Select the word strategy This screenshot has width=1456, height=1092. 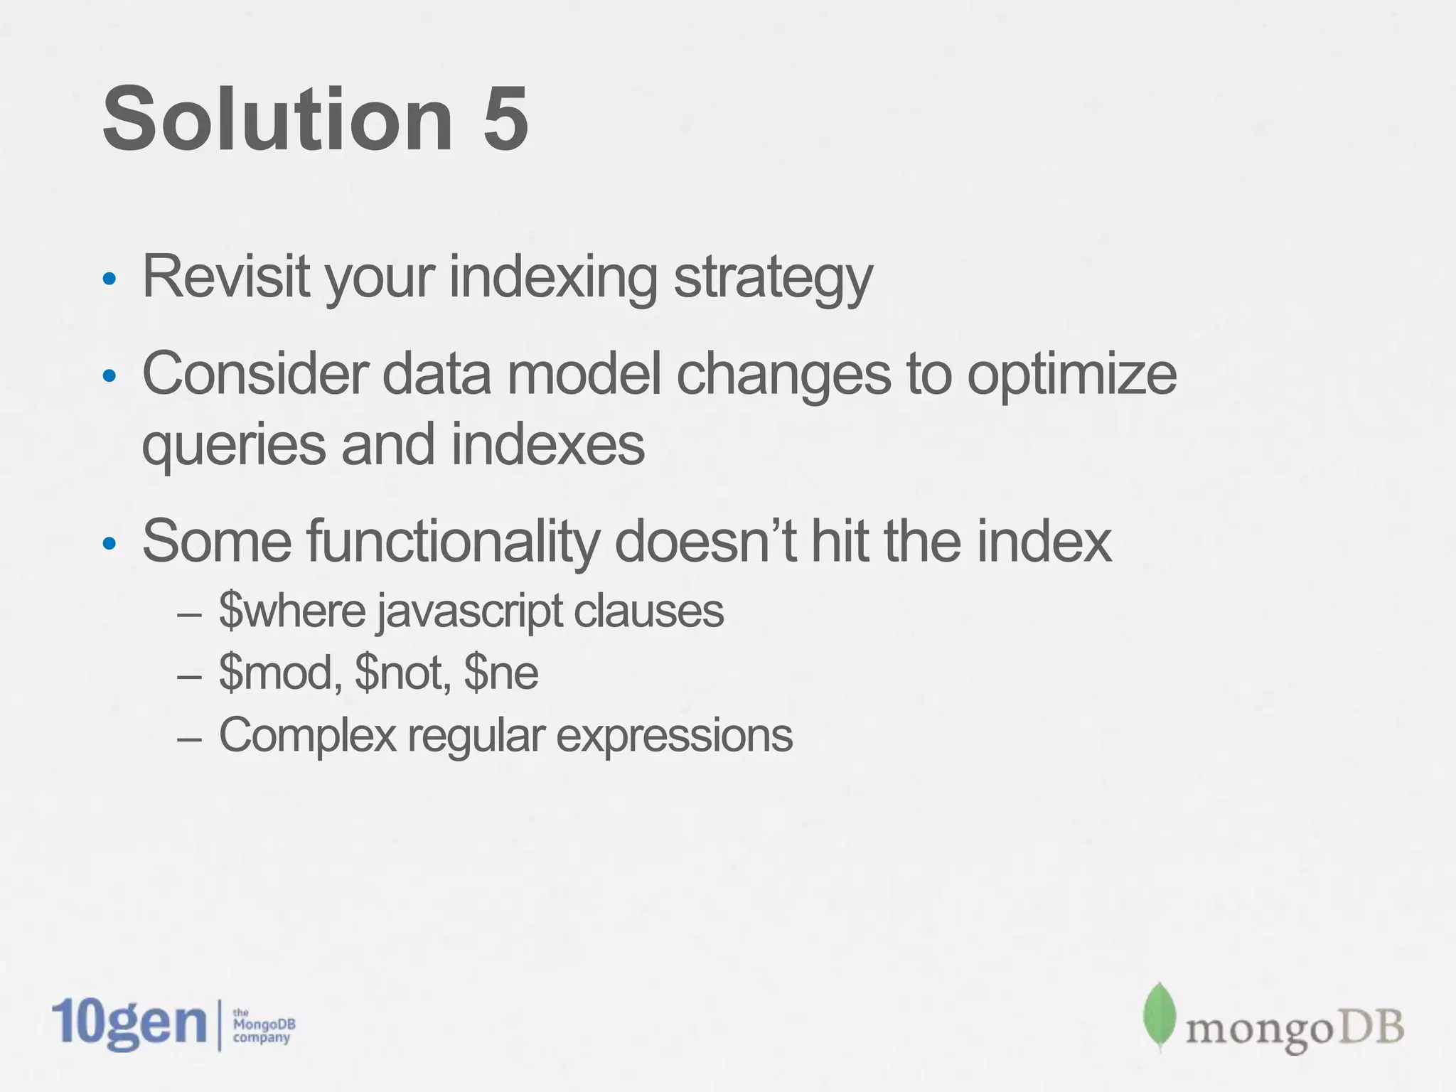click(x=773, y=279)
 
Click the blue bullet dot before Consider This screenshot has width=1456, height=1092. click(x=109, y=376)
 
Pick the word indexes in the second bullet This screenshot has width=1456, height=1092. click(x=547, y=444)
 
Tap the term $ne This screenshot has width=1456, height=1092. click(x=501, y=673)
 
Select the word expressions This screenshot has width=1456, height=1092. click(x=674, y=737)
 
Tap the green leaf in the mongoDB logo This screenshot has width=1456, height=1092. click(x=1160, y=1016)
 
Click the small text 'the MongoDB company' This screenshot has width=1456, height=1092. click(x=263, y=1024)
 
